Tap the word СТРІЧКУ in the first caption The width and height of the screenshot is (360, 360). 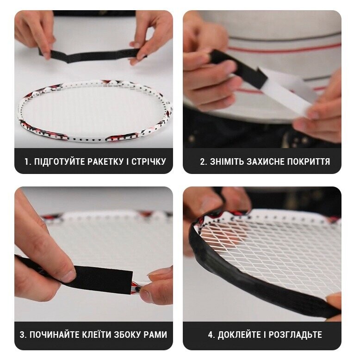point(149,161)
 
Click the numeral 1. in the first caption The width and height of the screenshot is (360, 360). point(28,161)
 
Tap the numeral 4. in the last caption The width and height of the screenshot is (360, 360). point(211,335)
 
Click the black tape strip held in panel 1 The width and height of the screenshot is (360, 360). point(92,56)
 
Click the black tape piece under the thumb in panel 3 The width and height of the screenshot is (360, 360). point(103,280)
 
